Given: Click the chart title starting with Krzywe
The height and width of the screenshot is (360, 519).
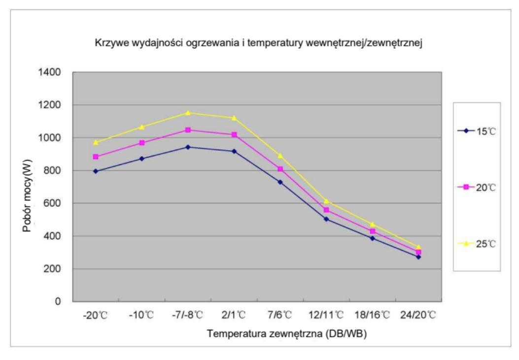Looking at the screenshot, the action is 258,43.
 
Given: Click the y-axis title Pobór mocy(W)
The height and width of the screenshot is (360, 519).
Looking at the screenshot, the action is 27,196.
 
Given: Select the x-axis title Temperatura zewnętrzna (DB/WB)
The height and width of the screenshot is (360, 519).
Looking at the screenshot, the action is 287,333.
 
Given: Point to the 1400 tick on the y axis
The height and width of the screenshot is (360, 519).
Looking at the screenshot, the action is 49,72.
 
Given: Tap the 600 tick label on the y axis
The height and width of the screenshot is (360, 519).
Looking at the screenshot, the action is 52,203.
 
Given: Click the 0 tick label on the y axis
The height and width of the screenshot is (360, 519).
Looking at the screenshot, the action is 58,301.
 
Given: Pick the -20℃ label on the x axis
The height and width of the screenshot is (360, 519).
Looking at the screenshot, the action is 95,315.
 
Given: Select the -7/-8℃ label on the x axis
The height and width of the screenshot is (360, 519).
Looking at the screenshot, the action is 187,315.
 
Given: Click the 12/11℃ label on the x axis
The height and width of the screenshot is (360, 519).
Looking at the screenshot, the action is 326,315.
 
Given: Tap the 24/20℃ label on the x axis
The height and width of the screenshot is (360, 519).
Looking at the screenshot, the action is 418,315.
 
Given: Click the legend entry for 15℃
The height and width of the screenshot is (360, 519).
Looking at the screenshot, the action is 477,131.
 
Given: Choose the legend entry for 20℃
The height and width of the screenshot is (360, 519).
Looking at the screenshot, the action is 477,188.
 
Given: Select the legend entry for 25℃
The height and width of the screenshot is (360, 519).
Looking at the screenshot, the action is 477,244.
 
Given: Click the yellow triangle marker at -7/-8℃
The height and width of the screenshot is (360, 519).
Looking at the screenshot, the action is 188,113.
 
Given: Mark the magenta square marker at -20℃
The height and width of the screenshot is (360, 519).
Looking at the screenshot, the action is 96,157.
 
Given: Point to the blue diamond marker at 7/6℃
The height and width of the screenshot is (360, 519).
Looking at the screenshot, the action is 280,182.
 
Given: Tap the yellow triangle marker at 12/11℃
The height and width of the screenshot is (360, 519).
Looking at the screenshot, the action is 326,201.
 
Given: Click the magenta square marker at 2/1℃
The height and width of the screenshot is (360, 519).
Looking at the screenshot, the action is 234,135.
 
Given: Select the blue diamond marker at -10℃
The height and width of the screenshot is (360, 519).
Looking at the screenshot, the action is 142,159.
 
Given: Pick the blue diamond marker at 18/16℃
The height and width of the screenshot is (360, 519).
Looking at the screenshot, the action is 373,238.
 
